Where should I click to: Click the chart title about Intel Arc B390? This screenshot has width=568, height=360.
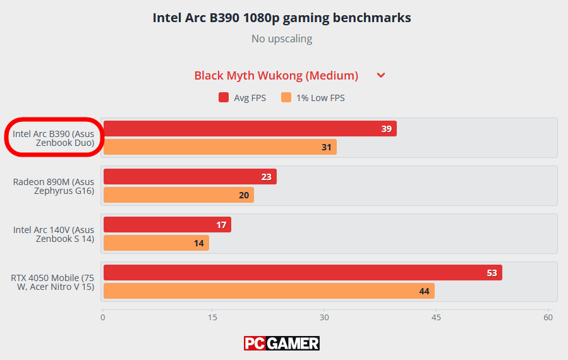tap(282, 18)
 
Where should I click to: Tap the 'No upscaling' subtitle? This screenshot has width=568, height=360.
tap(282, 39)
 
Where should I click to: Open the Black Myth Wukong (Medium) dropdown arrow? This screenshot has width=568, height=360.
tap(381, 76)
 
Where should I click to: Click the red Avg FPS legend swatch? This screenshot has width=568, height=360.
tap(224, 98)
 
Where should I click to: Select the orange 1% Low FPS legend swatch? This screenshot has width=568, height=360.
tap(286, 98)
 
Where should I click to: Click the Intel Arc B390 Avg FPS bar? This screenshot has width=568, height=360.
tap(250, 129)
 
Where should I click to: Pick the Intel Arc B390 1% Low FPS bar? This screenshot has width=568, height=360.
tap(219, 147)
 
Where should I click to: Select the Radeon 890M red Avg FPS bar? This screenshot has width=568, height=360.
tap(190, 177)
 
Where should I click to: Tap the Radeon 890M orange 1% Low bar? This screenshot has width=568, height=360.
tap(178, 195)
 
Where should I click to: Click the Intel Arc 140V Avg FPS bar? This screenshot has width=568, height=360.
tap(167, 225)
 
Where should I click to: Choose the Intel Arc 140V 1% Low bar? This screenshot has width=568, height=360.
tap(156, 243)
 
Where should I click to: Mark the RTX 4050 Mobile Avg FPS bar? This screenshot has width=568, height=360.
tap(302, 273)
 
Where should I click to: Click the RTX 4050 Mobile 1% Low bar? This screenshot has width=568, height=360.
tap(269, 291)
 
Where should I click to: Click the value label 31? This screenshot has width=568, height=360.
tap(326, 147)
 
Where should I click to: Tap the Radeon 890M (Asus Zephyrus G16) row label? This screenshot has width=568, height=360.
tap(53, 186)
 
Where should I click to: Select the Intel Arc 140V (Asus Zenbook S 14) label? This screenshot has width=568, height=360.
tap(53, 234)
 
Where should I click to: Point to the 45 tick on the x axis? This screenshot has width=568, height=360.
tap(436, 317)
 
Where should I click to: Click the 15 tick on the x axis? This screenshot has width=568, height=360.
tap(213, 317)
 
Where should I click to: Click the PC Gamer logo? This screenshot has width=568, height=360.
tap(282, 343)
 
